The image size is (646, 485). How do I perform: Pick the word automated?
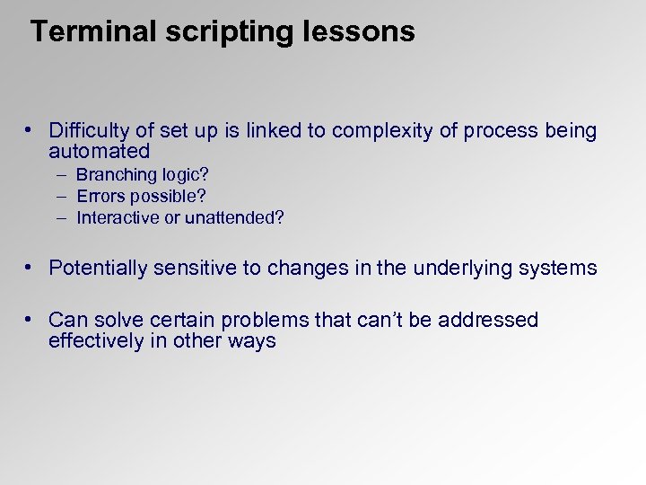[99, 151]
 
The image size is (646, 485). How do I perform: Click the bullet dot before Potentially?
[30, 268]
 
